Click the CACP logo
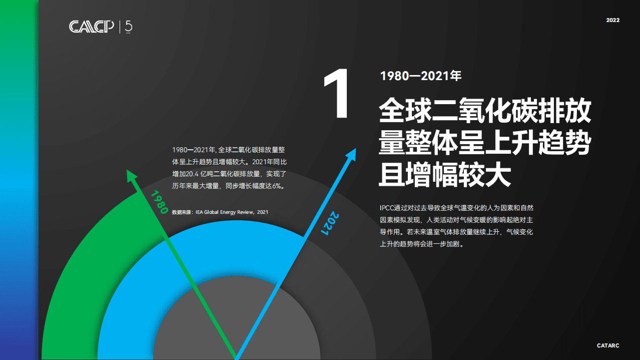click(92, 27)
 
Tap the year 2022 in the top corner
click(612, 21)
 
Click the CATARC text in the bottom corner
click(608, 345)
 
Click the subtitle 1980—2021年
click(420, 76)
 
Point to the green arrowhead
click(132, 176)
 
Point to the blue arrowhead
click(351, 155)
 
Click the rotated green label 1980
click(159, 202)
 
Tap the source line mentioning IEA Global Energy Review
click(220, 212)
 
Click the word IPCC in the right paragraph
click(387, 207)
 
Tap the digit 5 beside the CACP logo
click(129, 26)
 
